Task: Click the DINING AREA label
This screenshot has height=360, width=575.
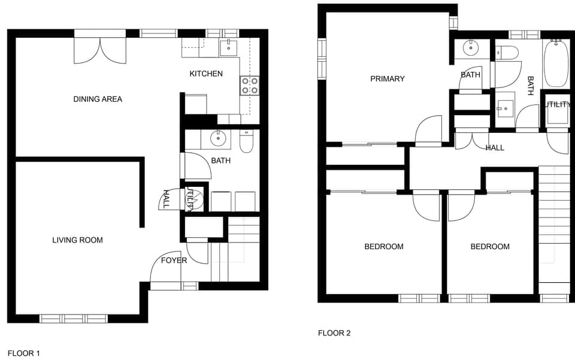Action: click(x=98, y=99)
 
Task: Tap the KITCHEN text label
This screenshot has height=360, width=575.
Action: click(x=206, y=74)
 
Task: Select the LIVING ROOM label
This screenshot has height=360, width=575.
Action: click(x=77, y=240)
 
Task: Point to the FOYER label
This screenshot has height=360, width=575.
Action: click(x=174, y=261)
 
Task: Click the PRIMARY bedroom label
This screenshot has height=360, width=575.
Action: click(x=387, y=78)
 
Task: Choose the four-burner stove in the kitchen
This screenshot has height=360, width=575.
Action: click(x=250, y=86)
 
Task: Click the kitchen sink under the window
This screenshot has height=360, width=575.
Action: click(x=228, y=47)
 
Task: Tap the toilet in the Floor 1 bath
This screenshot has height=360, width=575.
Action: click(x=246, y=141)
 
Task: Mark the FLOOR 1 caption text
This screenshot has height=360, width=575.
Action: click(x=23, y=353)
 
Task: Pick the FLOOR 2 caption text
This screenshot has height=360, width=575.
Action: click(x=334, y=333)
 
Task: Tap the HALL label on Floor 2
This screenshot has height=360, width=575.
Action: click(x=495, y=147)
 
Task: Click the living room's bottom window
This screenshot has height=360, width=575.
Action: click(x=74, y=319)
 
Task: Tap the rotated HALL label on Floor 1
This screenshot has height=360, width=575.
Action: click(x=166, y=199)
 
